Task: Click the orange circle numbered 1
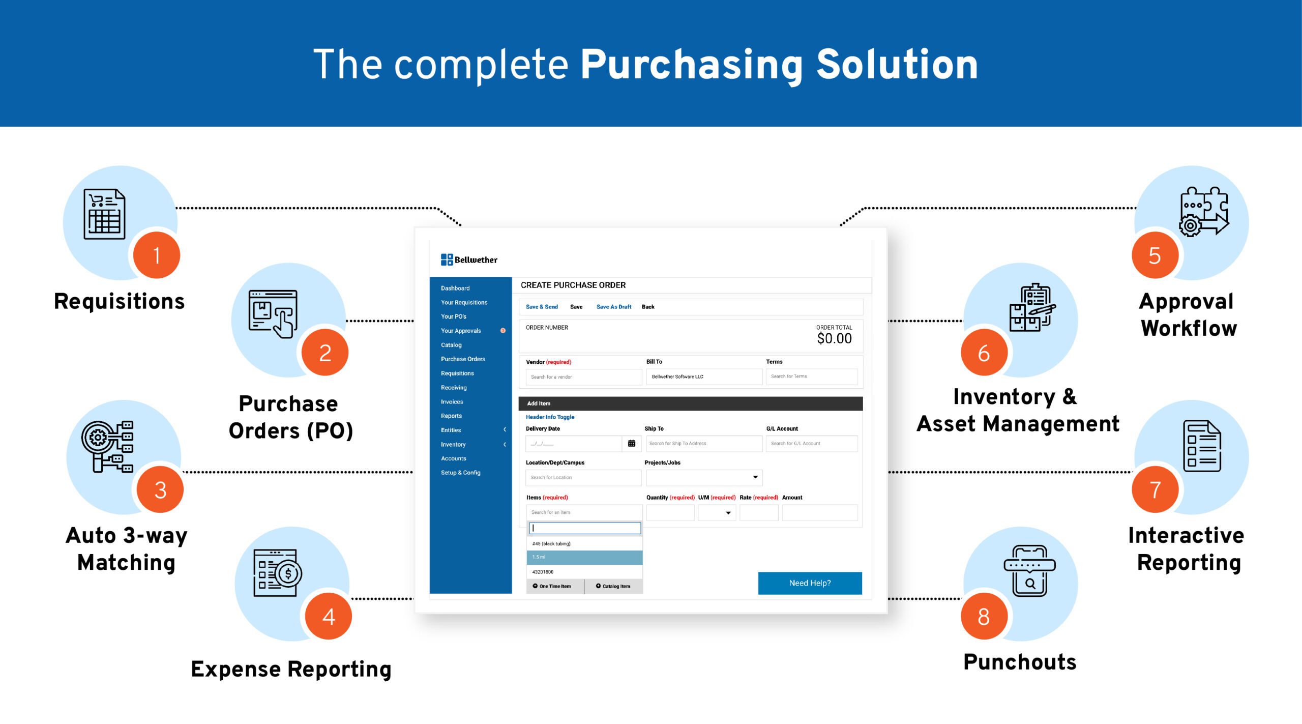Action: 157,255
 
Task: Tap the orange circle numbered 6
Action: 984,353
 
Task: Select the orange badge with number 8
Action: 984,616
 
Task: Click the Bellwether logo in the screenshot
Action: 469,259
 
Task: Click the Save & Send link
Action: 542,307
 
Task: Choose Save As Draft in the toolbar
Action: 614,307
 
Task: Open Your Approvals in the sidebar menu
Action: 461,331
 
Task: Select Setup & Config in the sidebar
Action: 460,473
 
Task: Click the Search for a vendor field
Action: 584,377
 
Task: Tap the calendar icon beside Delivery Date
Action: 632,443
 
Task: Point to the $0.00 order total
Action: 834,338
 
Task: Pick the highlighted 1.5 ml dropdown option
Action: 584,558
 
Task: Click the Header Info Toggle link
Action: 550,417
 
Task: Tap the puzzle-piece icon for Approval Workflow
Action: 1204,212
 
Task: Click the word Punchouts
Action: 1020,662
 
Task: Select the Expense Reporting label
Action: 291,670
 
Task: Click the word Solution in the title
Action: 897,65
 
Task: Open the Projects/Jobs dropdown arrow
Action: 755,477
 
